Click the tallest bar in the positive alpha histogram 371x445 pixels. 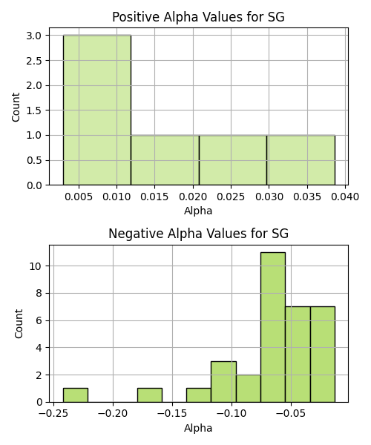(97, 110)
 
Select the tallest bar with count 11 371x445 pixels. (273, 327)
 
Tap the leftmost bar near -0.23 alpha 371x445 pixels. (76, 395)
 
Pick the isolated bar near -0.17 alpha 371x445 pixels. (150, 395)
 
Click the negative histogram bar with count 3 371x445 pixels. (223, 382)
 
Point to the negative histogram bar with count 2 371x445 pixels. (249, 389)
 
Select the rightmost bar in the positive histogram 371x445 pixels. (301, 160)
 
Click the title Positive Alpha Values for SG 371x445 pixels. (198, 17)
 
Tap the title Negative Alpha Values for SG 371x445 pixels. (198, 234)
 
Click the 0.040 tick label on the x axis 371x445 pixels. (345, 197)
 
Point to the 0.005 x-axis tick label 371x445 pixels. (79, 197)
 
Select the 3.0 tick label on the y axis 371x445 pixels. (34, 36)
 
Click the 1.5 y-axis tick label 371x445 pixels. (34, 111)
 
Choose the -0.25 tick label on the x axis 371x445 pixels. (53, 414)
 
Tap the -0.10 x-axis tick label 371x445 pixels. (232, 414)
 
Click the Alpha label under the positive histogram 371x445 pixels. (198, 211)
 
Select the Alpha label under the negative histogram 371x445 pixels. (198, 428)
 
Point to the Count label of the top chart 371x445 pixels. (16, 107)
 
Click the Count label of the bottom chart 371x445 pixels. (19, 323)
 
